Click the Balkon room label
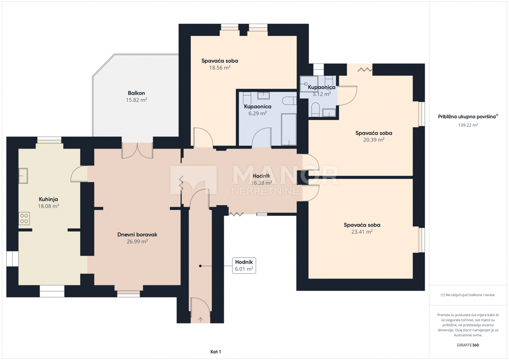(136, 93)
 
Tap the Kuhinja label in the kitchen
(48, 199)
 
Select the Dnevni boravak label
(137, 234)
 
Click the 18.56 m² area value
(220, 68)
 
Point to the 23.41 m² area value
(362, 232)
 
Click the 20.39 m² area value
(374, 140)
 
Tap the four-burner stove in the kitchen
(24, 218)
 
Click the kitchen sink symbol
(23, 176)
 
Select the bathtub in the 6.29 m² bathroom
(289, 129)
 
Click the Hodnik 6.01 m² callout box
(244, 265)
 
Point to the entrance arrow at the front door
(200, 320)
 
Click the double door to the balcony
(137, 151)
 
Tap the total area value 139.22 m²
(468, 125)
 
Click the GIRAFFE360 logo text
(468, 345)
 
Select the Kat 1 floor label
(215, 352)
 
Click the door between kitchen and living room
(79, 174)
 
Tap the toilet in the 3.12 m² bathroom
(316, 109)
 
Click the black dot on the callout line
(200, 266)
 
